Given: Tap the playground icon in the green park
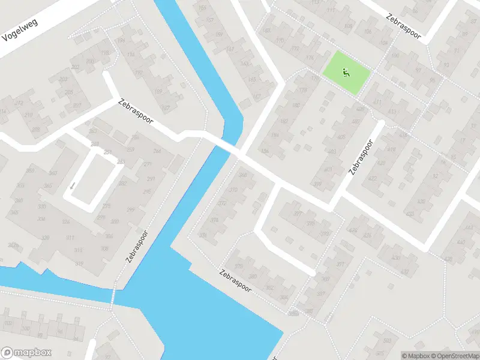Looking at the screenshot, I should click(345, 73).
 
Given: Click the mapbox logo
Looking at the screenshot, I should click(26, 353).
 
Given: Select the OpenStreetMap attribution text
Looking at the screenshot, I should click(453, 356).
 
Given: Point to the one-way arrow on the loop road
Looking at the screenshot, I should click(73, 185).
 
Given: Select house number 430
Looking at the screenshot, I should click(396, 258).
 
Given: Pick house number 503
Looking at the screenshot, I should click(387, 340).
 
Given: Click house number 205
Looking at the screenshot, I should click(69, 92).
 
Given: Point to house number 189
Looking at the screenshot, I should click(158, 92).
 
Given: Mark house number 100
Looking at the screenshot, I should click(26, 329).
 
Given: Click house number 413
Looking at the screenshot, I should click(392, 112).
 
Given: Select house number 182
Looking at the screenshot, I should click(284, 121).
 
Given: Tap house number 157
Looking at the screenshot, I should click(210, 20).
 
